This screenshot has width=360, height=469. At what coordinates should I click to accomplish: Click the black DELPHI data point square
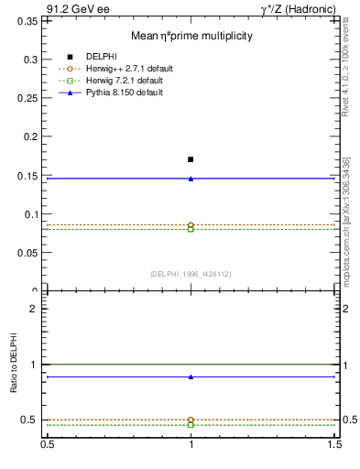coord(191,159)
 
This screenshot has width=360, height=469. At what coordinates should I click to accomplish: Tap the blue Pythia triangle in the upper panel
coord(191,178)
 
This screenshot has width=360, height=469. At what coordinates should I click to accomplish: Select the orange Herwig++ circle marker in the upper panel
coord(191,224)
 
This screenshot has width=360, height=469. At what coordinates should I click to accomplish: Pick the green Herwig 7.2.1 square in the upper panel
coord(191,229)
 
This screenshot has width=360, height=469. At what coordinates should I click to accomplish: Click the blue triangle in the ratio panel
coord(191,376)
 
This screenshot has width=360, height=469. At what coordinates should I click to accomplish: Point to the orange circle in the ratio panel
coord(191,420)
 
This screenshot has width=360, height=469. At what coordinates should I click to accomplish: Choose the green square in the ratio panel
coord(191,425)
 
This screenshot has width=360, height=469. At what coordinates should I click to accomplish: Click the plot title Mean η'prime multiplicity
coord(191,36)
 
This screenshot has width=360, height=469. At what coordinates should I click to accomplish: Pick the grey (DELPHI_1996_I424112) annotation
coord(191,273)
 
